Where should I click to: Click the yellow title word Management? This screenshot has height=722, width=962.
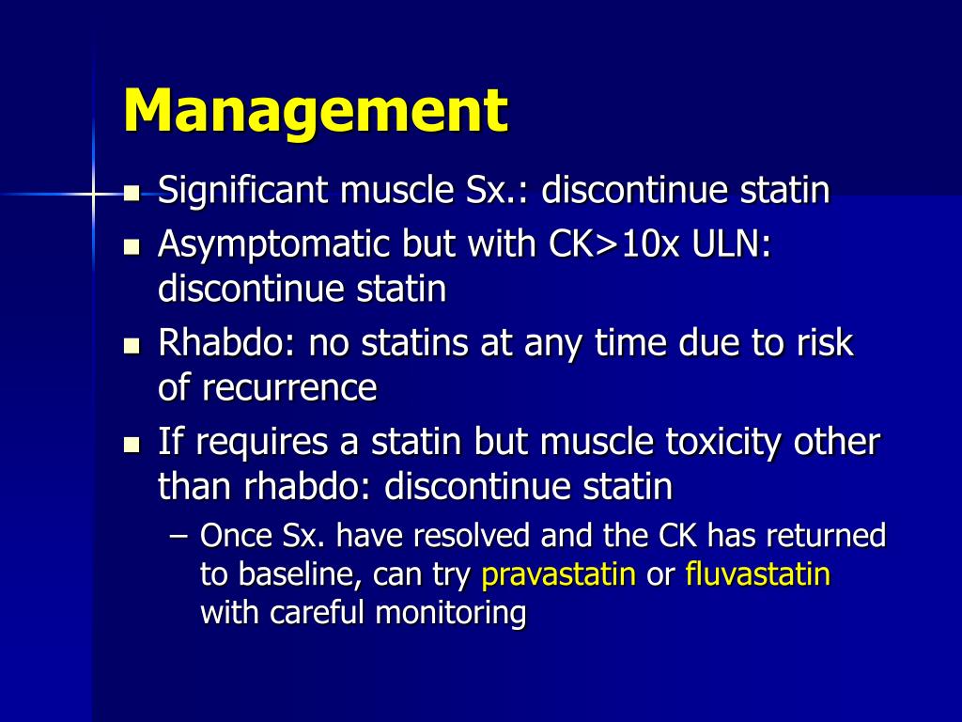(x=316, y=111)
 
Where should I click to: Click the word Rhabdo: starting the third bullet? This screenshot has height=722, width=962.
(x=225, y=343)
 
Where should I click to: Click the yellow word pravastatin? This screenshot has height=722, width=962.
(x=558, y=574)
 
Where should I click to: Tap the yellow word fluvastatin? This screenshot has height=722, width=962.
(x=758, y=574)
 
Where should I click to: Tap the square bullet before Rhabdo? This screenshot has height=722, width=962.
(x=132, y=345)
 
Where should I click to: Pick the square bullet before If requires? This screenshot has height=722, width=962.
(x=132, y=444)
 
